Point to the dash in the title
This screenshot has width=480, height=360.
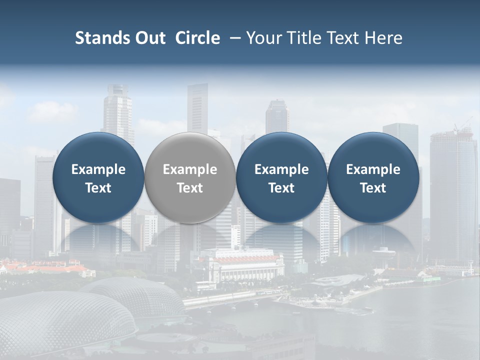(x=234, y=38)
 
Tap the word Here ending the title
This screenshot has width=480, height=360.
(x=384, y=38)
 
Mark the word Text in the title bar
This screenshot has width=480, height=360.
(x=342, y=38)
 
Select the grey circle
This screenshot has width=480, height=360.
(x=190, y=177)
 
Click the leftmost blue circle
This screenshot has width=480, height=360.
(x=98, y=177)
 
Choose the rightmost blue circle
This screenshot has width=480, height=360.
(x=373, y=177)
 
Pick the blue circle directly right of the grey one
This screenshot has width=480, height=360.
(x=281, y=177)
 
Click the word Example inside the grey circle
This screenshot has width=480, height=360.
(x=190, y=169)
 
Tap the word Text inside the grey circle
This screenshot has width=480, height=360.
(x=190, y=188)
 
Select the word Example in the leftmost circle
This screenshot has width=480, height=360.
(x=98, y=169)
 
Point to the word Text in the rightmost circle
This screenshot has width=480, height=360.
(x=373, y=188)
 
